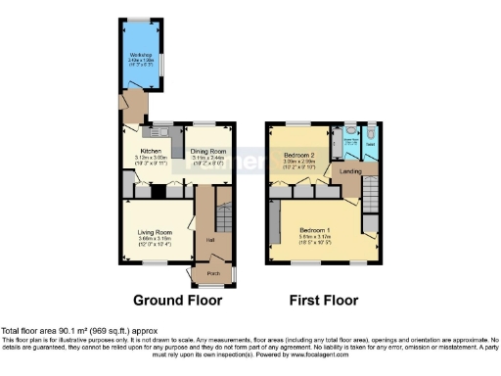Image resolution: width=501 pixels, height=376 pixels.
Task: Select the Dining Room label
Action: [208, 151]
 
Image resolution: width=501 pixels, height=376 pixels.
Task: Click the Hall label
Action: [208, 238]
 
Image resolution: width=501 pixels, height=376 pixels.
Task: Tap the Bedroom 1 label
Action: [314, 230]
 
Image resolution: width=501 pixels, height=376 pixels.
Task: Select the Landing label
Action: [348, 172]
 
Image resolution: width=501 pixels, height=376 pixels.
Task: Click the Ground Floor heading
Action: [177, 301]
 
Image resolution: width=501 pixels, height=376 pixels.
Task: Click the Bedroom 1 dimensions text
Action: [314, 240]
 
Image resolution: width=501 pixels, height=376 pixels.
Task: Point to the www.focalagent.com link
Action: [323, 357]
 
